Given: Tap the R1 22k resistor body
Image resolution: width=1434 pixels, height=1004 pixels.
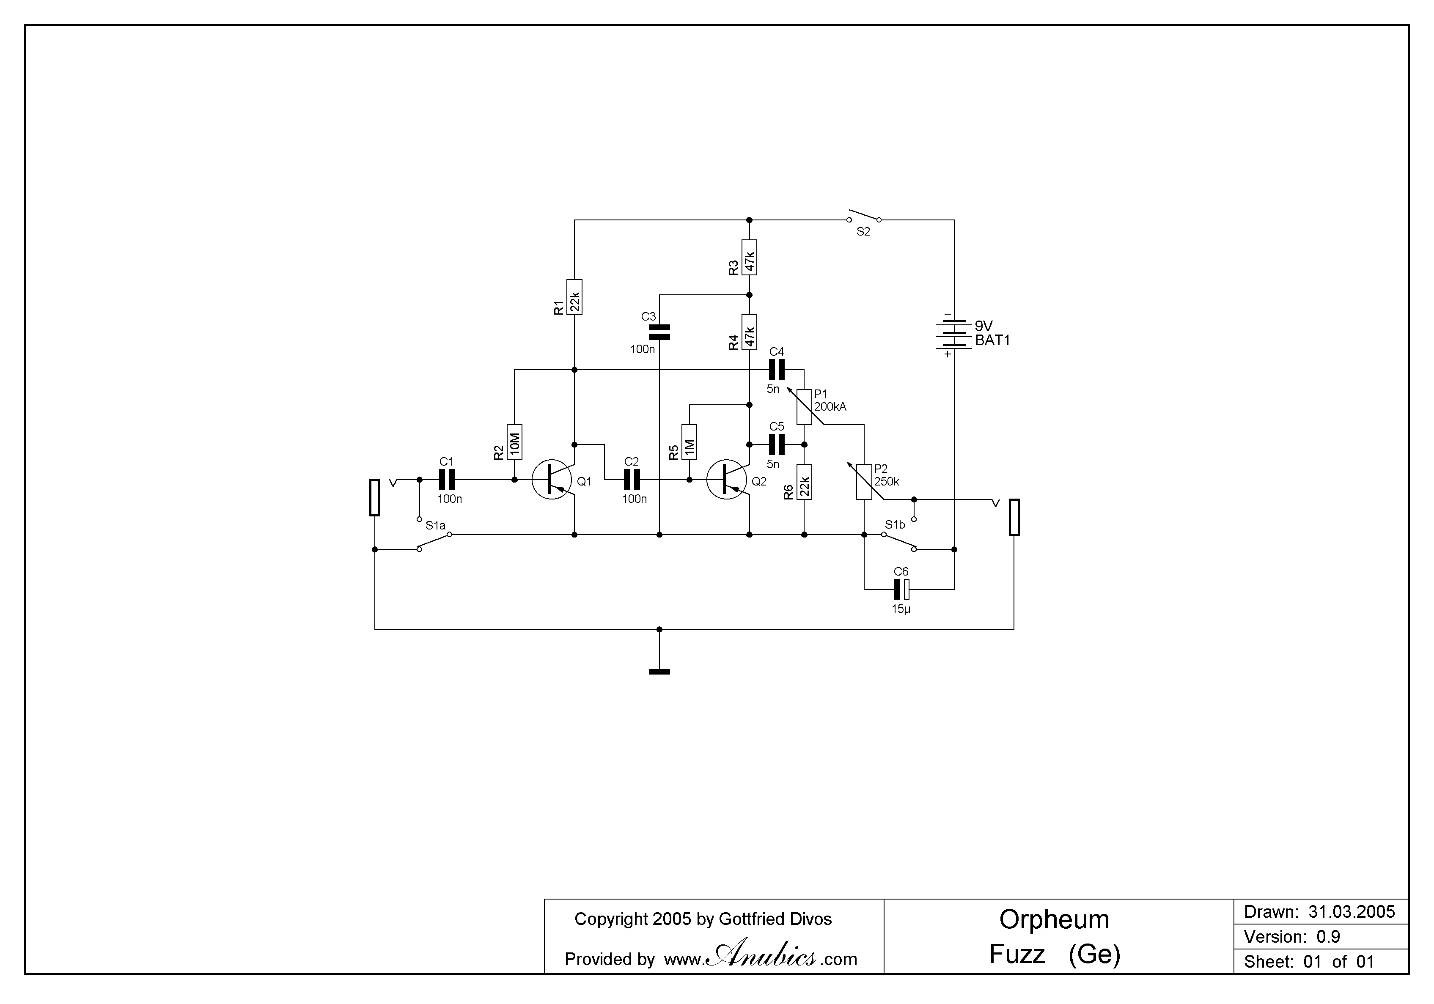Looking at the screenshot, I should coord(574,297).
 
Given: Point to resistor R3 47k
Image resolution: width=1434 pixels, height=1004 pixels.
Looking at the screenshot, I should coord(750,257).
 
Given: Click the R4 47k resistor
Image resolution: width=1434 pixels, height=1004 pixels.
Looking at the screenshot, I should coord(750,332).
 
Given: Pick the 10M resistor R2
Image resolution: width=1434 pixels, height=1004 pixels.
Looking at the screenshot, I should coord(515,442).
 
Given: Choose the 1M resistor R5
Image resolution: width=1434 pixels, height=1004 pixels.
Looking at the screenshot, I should coord(690,442).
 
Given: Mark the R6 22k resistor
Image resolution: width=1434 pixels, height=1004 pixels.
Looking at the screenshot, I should coord(805,482).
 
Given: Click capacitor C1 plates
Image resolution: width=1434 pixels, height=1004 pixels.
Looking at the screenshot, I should coord(447,480).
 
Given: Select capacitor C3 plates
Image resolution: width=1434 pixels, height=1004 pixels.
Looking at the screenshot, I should coord(659,332).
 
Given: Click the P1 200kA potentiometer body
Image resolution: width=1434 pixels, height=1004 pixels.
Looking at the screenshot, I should coord(805,407).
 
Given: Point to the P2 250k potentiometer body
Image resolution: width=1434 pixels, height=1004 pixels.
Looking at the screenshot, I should coord(864,482).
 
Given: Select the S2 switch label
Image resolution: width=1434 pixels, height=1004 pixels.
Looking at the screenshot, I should coord(863,232).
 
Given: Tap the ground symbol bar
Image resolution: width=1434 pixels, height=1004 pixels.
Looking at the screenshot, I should coord(659,672).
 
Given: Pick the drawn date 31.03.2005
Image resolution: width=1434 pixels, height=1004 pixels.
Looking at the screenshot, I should coord(1352,912).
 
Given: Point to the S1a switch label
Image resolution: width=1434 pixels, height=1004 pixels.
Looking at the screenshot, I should coord(435,526).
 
